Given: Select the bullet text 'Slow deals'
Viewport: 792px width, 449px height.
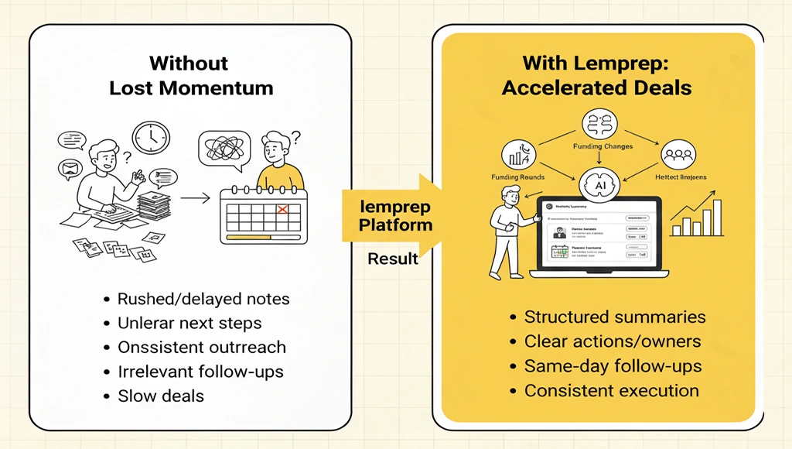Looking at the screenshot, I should pyautogui.click(x=161, y=396).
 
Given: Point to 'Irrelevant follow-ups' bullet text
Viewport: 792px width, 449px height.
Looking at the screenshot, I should pyautogui.click(x=200, y=372).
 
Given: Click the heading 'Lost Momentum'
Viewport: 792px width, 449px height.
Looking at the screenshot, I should pyautogui.click(x=191, y=87).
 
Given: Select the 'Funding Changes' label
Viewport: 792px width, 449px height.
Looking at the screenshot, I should pyautogui.click(x=603, y=146).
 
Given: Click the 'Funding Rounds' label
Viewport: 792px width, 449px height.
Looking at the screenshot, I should pyautogui.click(x=517, y=177).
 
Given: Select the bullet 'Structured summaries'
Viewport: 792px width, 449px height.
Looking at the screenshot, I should pyautogui.click(x=615, y=317).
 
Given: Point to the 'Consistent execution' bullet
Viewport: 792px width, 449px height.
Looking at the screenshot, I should pyautogui.click(x=612, y=391).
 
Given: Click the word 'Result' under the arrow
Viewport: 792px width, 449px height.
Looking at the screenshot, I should pyautogui.click(x=393, y=258).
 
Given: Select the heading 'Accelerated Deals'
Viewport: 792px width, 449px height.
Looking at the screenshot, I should pyautogui.click(x=596, y=87).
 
